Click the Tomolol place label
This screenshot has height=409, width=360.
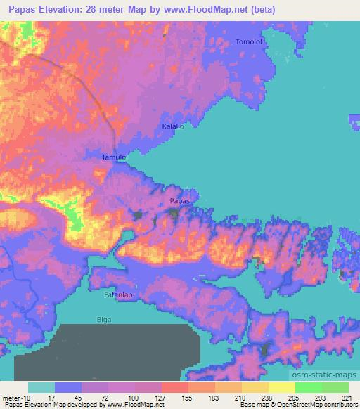pyautogui.click(x=249, y=42)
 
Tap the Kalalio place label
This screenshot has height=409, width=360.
pyautogui.click(x=173, y=126)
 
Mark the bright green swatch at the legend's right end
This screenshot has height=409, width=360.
pyautogui.click(x=335, y=387)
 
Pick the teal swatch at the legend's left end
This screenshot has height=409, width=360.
pyautogui.click(x=41, y=387)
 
